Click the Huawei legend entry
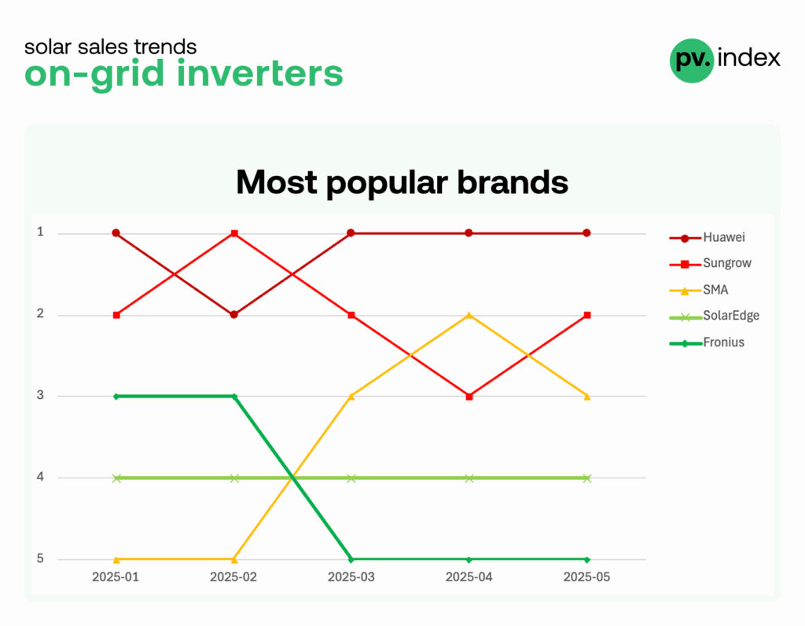(x=707, y=237)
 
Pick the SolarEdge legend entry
(x=714, y=316)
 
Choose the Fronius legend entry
(x=707, y=342)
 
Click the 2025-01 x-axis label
(x=116, y=577)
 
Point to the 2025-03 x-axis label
(x=351, y=577)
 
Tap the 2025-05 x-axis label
(x=586, y=577)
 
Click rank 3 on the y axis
(x=40, y=395)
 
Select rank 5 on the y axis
(x=40, y=558)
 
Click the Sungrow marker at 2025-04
(x=469, y=397)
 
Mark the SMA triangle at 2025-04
(x=469, y=315)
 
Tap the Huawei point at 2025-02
(x=234, y=314)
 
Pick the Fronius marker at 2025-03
(x=351, y=559)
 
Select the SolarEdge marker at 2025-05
(x=587, y=478)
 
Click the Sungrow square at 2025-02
(x=234, y=233)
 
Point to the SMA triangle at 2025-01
(x=116, y=559)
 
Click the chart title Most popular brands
(x=402, y=182)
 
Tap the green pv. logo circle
(x=692, y=60)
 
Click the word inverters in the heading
(x=259, y=73)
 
